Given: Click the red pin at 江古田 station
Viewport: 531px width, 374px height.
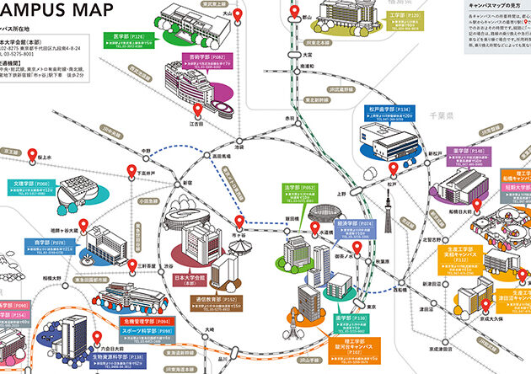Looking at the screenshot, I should coord(196,110).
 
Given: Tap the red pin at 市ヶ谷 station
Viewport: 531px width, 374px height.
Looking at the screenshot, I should coord(240,222).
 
